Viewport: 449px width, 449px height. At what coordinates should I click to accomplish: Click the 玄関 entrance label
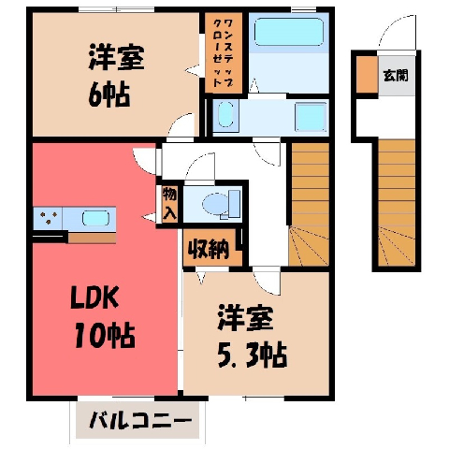coord(396,75)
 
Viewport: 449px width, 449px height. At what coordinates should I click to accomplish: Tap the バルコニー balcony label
coord(140,421)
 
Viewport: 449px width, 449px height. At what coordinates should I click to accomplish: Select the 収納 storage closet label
coord(210,249)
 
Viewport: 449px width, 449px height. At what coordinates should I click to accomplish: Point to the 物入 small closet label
coord(169,204)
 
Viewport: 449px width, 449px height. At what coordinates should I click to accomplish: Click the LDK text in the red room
coord(94,297)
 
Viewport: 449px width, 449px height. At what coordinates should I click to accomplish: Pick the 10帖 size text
coord(105,336)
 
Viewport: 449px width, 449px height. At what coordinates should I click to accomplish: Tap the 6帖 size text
coord(109,94)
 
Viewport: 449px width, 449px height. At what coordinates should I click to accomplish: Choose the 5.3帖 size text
coord(252,355)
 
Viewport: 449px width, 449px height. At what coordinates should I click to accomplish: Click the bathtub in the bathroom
coord(289,32)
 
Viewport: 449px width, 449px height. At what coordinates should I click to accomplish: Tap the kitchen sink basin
coord(95,218)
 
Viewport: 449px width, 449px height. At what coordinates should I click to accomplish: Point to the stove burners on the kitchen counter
coord(49,217)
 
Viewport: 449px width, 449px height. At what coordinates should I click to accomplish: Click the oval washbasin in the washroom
coord(225,114)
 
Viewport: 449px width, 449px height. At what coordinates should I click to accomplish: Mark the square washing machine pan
coord(311,117)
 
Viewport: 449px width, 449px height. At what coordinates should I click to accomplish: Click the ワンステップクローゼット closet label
coord(224,53)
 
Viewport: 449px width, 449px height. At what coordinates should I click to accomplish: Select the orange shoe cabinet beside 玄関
coord(367,74)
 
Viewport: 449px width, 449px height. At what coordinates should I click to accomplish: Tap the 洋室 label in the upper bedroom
coord(117,57)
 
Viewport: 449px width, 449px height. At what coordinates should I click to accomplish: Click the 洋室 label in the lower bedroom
coord(245,318)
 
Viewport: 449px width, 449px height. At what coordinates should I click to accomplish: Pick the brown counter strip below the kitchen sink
coord(92,239)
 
